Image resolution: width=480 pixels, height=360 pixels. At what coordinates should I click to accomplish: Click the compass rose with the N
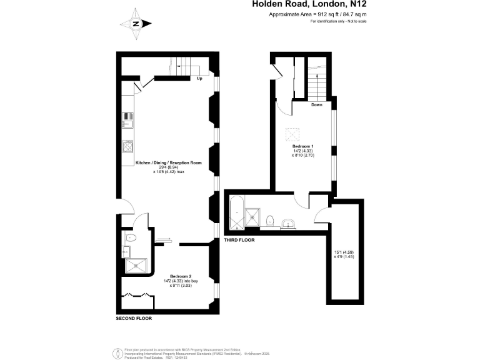(136, 24)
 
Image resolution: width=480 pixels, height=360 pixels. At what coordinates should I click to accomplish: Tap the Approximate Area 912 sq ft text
(317, 14)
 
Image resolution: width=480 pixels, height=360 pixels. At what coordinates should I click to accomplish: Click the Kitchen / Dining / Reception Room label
(169, 164)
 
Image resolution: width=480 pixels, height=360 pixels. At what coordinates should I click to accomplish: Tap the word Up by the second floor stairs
(199, 79)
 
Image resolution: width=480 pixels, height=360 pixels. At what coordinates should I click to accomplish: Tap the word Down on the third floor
(316, 105)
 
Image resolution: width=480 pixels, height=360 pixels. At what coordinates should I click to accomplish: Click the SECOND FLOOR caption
(134, 318)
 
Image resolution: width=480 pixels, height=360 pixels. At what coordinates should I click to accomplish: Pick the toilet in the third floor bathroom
(270, 220)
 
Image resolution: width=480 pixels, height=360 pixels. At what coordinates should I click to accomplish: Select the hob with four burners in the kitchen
(127, 147)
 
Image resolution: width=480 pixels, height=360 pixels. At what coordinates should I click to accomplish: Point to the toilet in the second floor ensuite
(129, 238)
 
